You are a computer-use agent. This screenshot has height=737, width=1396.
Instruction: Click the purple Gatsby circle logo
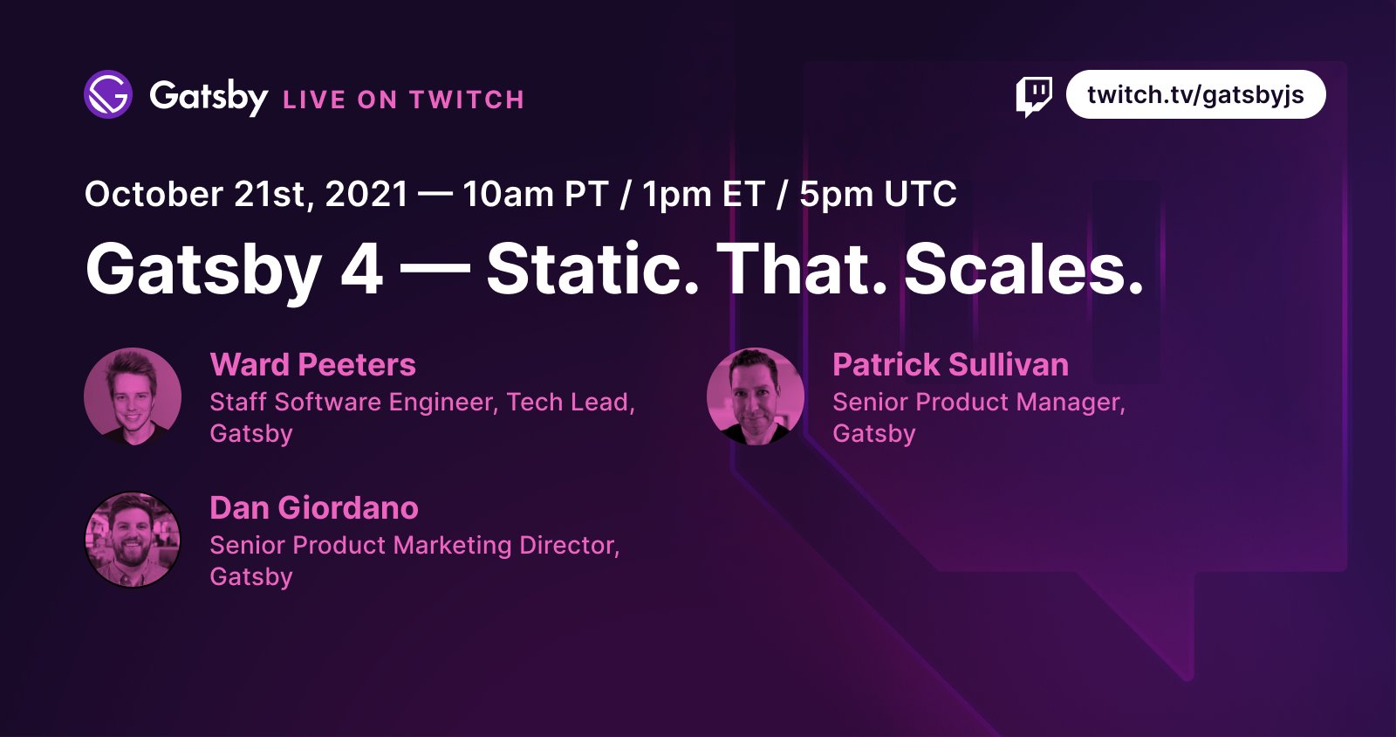coord(108,94)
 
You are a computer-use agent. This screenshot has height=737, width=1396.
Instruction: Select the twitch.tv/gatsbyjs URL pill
coord(1195,94)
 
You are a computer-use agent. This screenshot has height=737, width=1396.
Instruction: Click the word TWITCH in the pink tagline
coord(467,100)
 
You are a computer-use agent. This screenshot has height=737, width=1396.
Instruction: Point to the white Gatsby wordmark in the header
coord(209,97)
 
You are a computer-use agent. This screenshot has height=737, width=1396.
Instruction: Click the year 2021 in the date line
coord(366,194)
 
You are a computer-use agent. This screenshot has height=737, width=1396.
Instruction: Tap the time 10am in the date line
coord(508,194)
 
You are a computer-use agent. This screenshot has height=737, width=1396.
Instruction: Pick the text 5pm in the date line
coord(836,195)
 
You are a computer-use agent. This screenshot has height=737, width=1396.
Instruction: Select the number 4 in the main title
coord(361,269)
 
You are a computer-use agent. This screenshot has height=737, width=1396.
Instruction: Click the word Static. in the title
coord(592,269)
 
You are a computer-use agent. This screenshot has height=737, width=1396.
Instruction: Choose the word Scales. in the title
coord(1024,269)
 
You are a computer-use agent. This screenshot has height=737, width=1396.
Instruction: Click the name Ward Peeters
coord(313,365)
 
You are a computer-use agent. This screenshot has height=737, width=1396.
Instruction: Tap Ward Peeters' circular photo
coord(133,396)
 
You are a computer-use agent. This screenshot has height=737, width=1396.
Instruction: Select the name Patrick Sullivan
coord(950,365)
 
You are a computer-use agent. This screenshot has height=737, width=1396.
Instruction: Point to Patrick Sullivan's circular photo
coord(756,396)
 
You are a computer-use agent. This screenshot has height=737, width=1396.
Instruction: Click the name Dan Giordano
coord(314,508)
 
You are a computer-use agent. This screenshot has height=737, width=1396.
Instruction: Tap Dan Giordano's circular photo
coord(133,540)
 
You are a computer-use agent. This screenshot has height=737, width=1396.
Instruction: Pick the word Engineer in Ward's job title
coord(443,403)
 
